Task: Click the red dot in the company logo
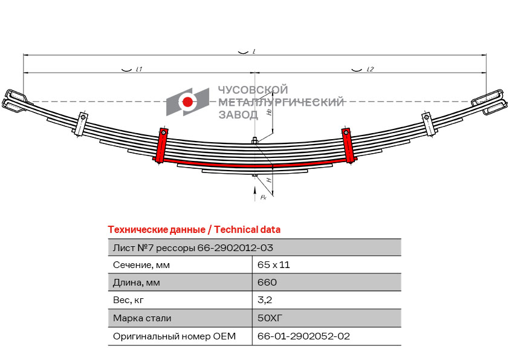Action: point(187,102)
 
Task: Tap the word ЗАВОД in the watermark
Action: point(239,115)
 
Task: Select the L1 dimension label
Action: point(139,69)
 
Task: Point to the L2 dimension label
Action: point(370,69)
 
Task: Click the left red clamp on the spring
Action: point(161,145)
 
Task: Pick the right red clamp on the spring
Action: point(348,145)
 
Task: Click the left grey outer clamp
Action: point(81,124)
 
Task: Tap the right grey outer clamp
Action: point(428,124)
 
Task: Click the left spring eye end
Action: point(14,100)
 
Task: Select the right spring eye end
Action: point(490,102)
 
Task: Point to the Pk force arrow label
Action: point(263,197)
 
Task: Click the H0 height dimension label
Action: point(269,112)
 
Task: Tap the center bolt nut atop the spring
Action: point(255,140)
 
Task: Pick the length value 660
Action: point(267,282)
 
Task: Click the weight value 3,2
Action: point(265,299)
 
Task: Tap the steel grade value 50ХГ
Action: point(270,318)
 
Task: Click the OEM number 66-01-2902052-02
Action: point(303,336)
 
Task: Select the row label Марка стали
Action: point(142,318)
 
